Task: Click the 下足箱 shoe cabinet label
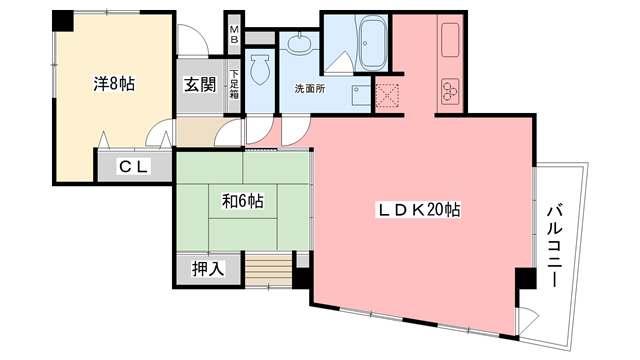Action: coord(234,83)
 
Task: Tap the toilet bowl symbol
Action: coord(263,68)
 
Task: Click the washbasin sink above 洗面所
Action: coord(297,42)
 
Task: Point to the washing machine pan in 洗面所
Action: coord(357,92)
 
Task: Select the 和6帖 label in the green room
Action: coord(242,200)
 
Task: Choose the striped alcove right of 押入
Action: coord(266,270)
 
